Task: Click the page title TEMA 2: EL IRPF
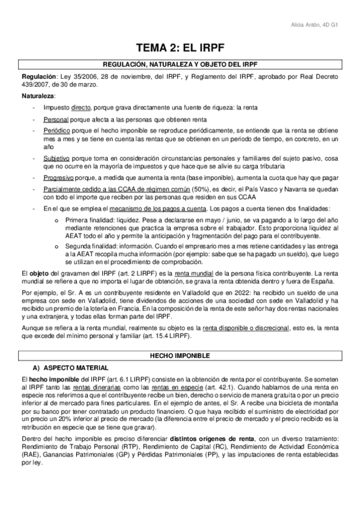click(x=180, y=48)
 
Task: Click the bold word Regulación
click(x=38, y=77)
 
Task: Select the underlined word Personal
click(x=56, y=119)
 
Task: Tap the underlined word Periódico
click(x=58, y=131)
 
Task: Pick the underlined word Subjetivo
click(x=57, y=158)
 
